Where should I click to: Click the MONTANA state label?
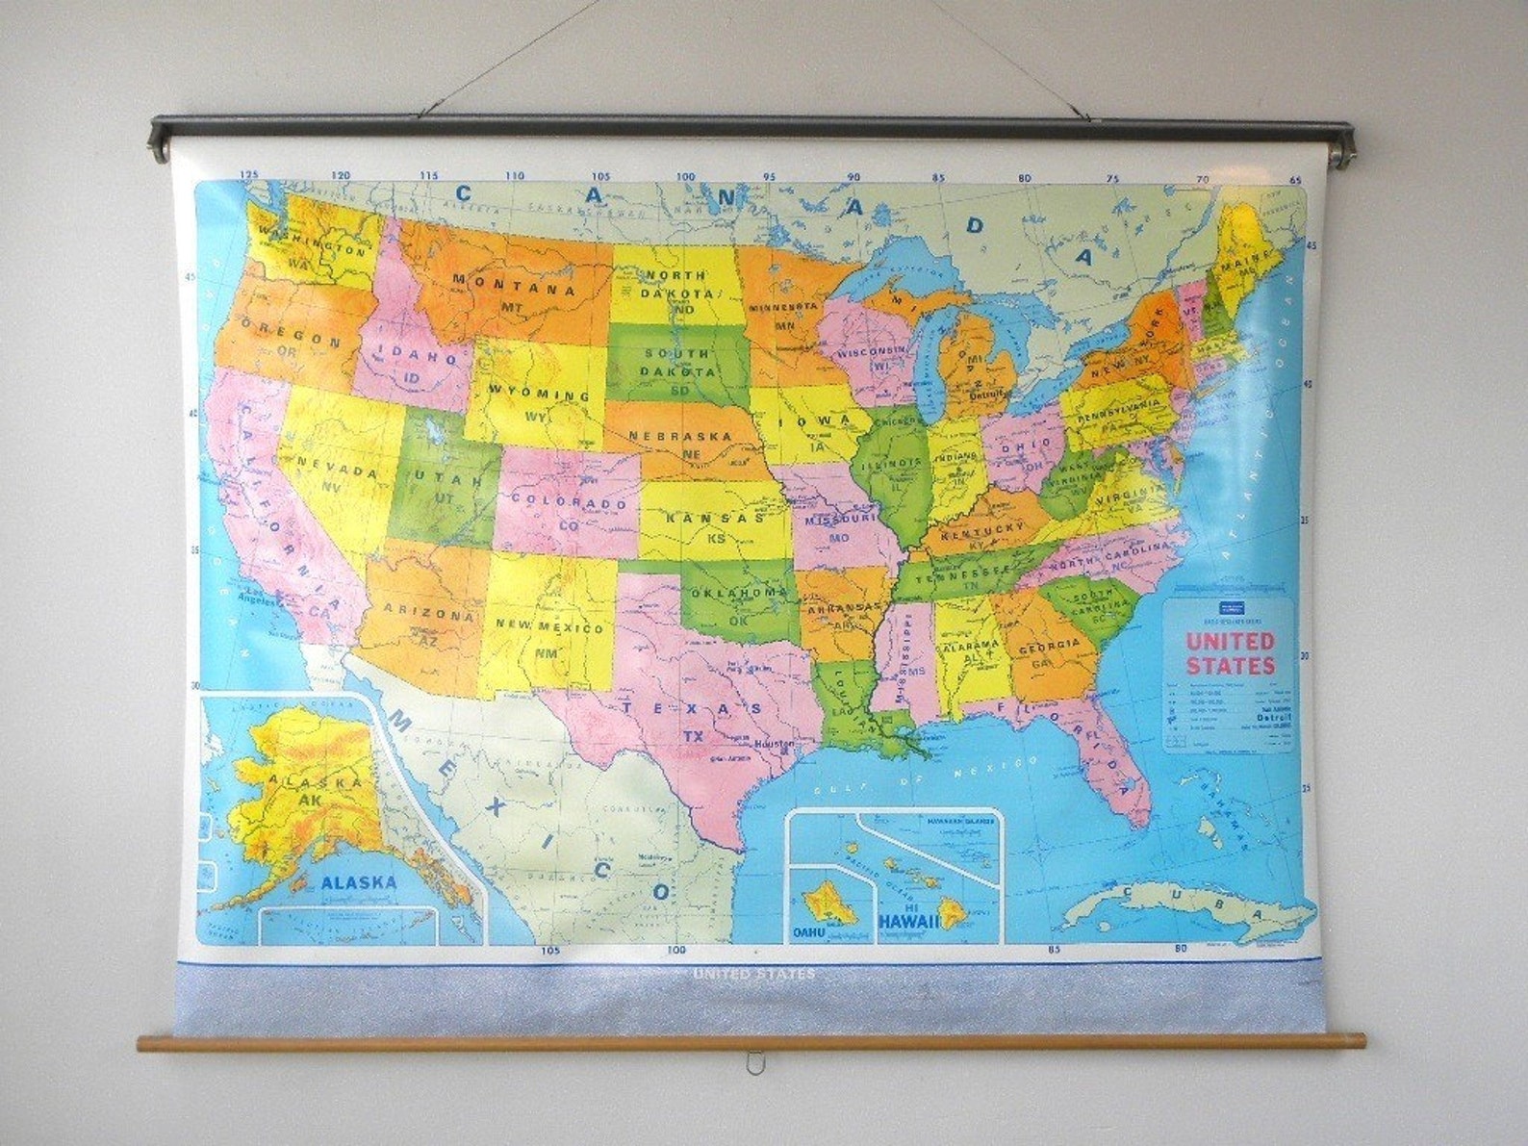(514, 284)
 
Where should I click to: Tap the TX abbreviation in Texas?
(693, 736)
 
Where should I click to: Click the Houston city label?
(776, 745)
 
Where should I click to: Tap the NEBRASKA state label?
(680, 436)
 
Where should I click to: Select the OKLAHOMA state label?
(739, 594)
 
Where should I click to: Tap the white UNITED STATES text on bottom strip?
(753, 974)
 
